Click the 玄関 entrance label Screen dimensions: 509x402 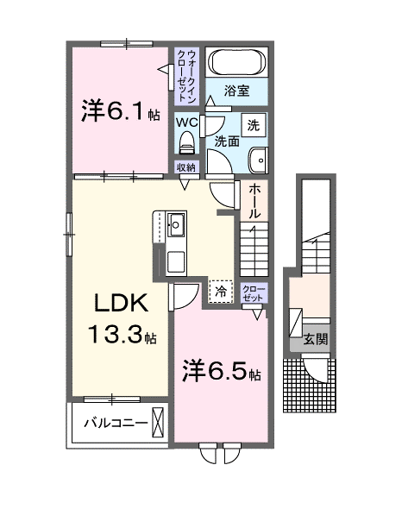pos(315,339)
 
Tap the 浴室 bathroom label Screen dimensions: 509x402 pos(236,89)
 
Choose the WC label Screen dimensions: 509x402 pos(187,123)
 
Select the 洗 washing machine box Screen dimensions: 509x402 pos(253,123)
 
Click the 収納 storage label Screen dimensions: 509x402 pos(186,167)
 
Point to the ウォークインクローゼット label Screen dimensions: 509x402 pos(185,72)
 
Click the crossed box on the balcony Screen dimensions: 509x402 pos(158,423)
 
